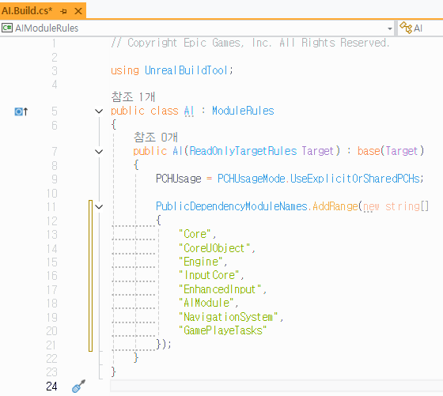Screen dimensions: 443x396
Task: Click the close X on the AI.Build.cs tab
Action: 78,11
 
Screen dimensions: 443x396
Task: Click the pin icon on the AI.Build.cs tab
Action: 63,11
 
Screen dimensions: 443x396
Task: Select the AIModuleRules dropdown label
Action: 47,28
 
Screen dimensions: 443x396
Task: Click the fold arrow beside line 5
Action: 99,111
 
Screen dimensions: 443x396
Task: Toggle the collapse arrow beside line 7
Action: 99,152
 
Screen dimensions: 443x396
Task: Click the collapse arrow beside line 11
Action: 99,206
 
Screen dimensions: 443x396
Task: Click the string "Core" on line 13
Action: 195,234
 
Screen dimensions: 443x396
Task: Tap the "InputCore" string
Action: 209,275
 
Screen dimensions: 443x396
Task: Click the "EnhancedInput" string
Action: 220,289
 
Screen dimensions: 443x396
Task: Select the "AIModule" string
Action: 206,303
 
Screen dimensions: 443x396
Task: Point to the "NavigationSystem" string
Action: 229,317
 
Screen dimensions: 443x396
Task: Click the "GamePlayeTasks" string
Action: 222,330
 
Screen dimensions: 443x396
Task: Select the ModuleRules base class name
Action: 243,111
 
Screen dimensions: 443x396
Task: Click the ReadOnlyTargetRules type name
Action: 243,151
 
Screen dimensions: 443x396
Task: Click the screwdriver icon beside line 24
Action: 78,387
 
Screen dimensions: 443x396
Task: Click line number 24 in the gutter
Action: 51,387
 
